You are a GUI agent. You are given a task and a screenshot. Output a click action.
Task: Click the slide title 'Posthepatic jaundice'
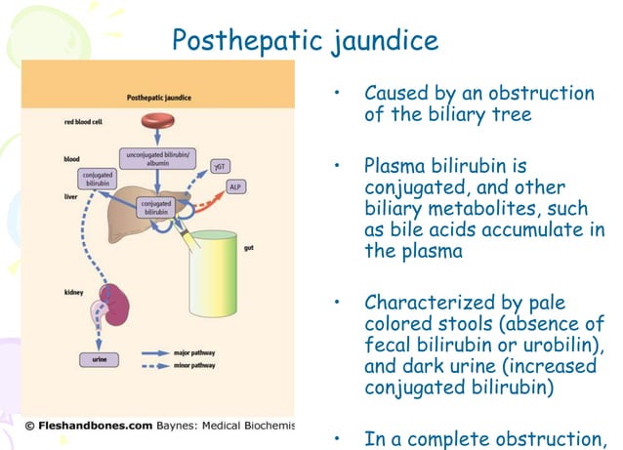click(305, 40)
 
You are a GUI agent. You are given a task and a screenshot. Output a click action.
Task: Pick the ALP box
click(235, 186)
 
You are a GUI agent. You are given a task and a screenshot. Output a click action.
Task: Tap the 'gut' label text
click(277, 249)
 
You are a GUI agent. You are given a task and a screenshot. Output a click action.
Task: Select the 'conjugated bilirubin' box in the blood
click(97, 179)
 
